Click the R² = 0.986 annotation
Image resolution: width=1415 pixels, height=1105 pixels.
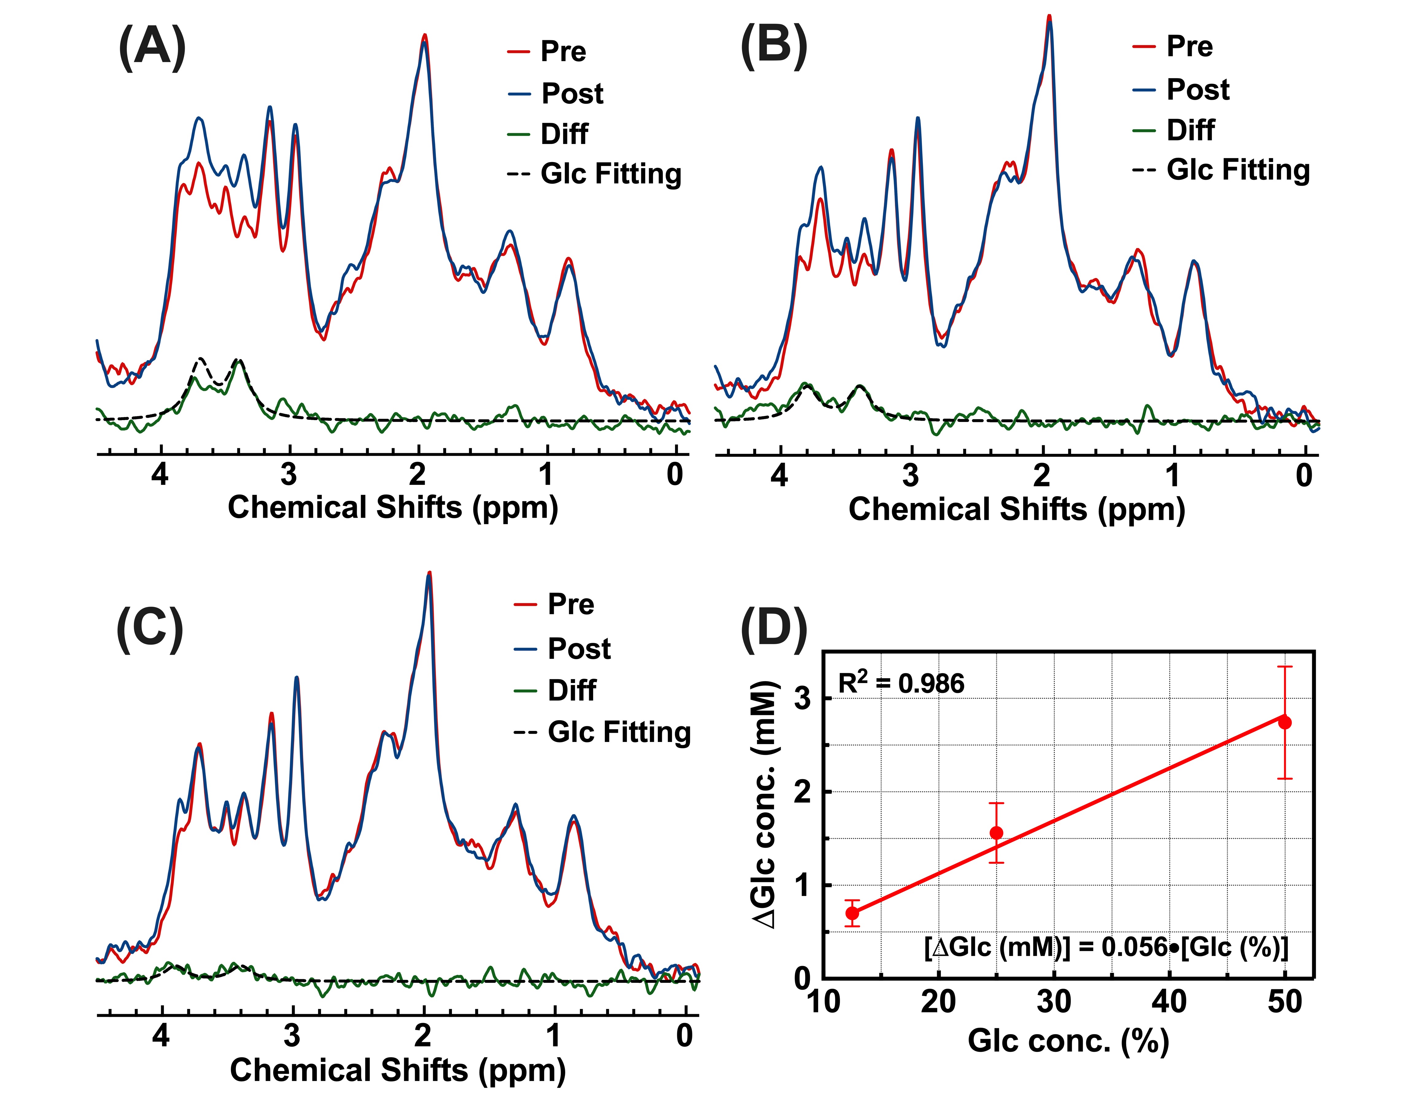click(x=900, y=683)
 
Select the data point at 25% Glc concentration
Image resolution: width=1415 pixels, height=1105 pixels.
click(x=997, y=833)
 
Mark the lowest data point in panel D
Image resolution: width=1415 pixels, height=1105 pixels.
click(x=853, y=913)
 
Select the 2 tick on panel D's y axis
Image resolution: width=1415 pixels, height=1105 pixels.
click(x=802, y=791)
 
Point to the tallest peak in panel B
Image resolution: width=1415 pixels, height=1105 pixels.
click(x=1049, y=18)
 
